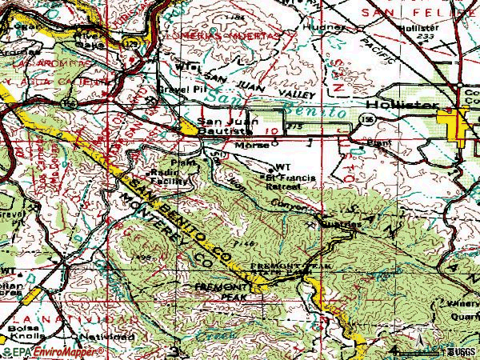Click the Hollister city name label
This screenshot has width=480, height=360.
pyautogui.click(x=401, y=106)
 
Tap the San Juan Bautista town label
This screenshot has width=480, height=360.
pyautogui.click(x=218, y=126)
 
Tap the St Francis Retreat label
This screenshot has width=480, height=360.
pyautogui.click(x=281, y=181)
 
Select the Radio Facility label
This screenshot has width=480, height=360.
pyautogui.click(x=168, y=177)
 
